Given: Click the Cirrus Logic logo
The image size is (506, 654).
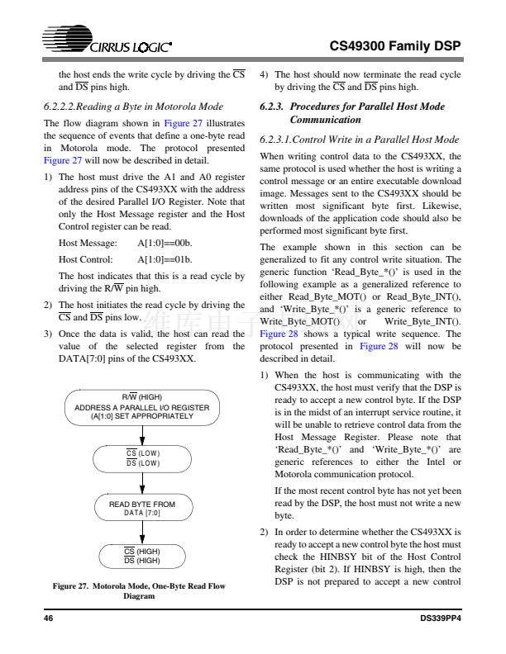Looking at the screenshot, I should [x=108, y=45].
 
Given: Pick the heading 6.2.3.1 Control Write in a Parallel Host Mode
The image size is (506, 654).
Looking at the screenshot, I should [x=359, y=140].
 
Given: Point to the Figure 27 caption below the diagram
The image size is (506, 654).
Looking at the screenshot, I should [x=139, y=590].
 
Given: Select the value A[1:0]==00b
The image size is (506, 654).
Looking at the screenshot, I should [x=165, y=244].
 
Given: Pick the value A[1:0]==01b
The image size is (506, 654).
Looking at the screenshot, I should [x=165, y=259].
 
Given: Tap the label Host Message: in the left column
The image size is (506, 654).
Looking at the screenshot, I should [x=87, y=244].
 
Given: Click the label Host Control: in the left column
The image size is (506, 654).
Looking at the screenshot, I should [x=85, y=259].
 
